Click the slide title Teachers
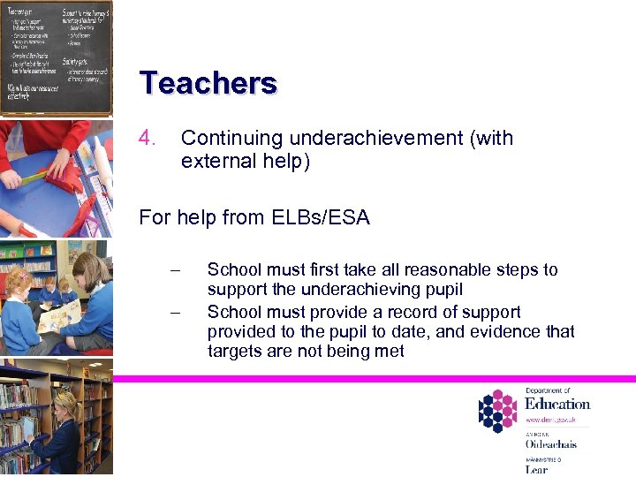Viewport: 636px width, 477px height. [208, 83]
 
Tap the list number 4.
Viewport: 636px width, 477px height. [148, 139]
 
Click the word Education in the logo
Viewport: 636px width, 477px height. [557, 404]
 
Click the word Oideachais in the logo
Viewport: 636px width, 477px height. [550, 444]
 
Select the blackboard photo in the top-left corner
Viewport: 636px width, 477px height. [56, 57]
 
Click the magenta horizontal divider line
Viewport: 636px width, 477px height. [371, 378]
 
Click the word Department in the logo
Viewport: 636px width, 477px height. [549, 390]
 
